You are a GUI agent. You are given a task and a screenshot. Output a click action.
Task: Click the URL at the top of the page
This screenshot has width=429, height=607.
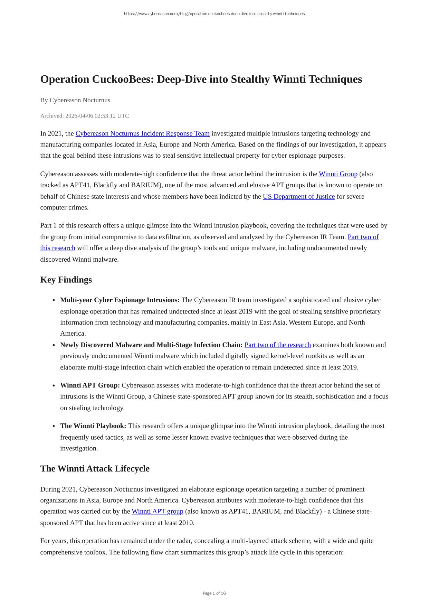214,14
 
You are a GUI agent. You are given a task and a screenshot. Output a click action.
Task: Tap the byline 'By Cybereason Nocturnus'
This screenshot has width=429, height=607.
75,100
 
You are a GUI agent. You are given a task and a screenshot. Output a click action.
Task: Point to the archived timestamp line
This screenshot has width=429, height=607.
85,116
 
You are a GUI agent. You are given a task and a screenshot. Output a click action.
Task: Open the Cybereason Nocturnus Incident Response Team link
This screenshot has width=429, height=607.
142,133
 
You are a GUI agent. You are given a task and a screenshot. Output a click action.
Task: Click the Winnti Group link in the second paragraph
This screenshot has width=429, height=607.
338,174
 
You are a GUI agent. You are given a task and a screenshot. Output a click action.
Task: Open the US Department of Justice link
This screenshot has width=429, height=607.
298,196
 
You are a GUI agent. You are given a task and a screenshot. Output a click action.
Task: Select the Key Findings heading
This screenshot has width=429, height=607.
66,280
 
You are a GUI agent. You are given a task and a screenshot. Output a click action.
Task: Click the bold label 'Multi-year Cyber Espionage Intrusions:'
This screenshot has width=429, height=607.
120,300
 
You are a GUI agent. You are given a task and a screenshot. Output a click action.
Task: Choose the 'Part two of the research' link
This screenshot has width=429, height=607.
277,345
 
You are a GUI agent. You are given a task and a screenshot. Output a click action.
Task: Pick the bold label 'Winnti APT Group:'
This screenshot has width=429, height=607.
90,385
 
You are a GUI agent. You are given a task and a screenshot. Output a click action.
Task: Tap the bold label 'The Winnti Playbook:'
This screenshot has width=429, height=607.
93,426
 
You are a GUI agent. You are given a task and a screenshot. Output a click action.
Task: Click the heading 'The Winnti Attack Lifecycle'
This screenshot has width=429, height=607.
95,469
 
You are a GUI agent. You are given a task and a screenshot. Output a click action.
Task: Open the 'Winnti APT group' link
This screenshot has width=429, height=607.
157,511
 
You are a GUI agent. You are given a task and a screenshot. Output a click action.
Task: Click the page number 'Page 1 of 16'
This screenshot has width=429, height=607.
214,593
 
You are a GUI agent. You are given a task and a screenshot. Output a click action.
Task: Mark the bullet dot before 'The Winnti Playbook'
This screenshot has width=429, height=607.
54,426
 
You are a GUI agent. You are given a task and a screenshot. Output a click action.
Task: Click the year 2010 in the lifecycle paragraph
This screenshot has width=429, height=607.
186,523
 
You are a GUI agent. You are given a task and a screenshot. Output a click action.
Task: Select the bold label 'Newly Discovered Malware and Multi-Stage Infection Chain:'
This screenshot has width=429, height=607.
151,345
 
